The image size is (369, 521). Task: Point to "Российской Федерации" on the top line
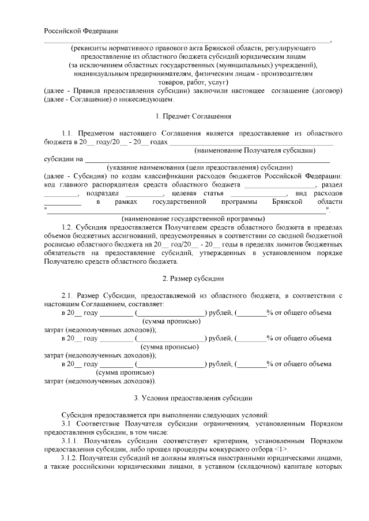point(81,31)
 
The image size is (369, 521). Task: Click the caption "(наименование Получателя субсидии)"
point(255,150)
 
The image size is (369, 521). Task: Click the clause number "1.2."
point(69,228)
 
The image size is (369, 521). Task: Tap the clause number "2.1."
point(69,295)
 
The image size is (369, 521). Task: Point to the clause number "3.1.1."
point(71,440)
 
